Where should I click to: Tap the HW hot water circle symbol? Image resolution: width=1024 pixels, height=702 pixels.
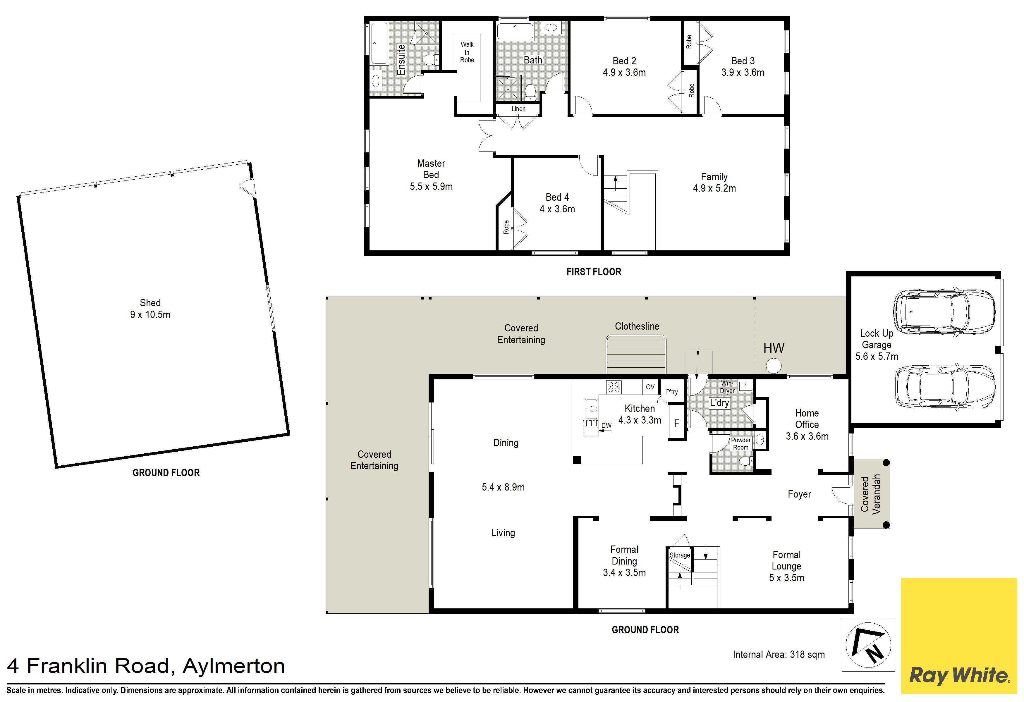click(x=774, y=366)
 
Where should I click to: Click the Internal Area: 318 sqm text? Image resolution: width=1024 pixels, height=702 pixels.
click(x=779, y=654)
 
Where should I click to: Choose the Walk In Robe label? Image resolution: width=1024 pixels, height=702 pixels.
click(x=467, y=52)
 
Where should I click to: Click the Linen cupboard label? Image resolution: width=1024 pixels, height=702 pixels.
click(x=518, y=109)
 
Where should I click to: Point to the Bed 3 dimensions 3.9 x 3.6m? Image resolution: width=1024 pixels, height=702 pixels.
click(x=743, y=73)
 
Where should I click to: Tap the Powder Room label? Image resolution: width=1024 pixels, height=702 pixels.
click(x=741, y=443)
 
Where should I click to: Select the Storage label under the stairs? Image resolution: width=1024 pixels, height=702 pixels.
click(x=679, y=555)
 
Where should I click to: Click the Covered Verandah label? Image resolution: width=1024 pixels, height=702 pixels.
click(x=871, y=494)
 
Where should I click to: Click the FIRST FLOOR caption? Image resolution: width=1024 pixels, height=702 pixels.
click(x=594, y=272)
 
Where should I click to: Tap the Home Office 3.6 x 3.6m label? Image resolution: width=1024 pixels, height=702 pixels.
click(x=807, y=424)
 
